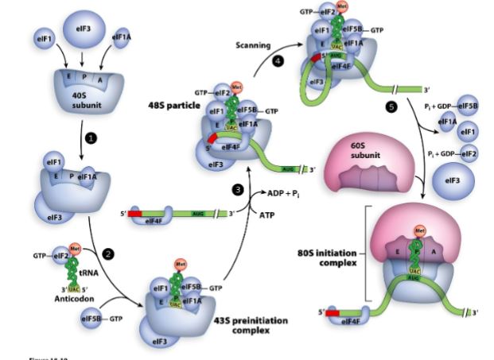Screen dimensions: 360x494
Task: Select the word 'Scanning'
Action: (x=253, y=45)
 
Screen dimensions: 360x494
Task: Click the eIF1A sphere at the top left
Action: (x=121, y=37)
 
